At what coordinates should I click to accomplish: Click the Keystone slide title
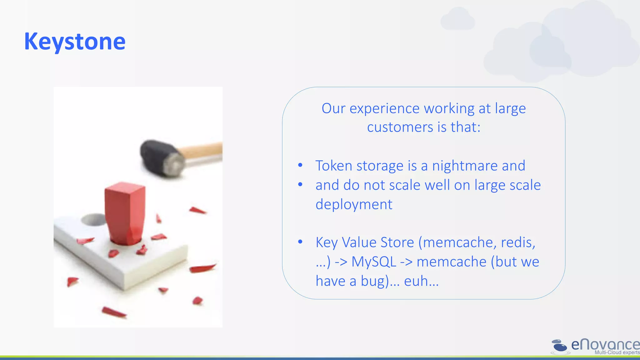(75, 42)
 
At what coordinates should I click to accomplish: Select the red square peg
(125, 212)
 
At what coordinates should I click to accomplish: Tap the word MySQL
(374, 262)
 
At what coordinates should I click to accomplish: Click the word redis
(518, 242)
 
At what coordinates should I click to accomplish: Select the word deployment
(354, 204)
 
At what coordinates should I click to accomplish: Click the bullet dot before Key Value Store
(300, 242)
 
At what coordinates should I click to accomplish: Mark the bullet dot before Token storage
(300, 165)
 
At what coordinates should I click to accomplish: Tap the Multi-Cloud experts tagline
(617, 352)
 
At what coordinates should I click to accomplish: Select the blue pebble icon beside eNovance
(559, 346)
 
